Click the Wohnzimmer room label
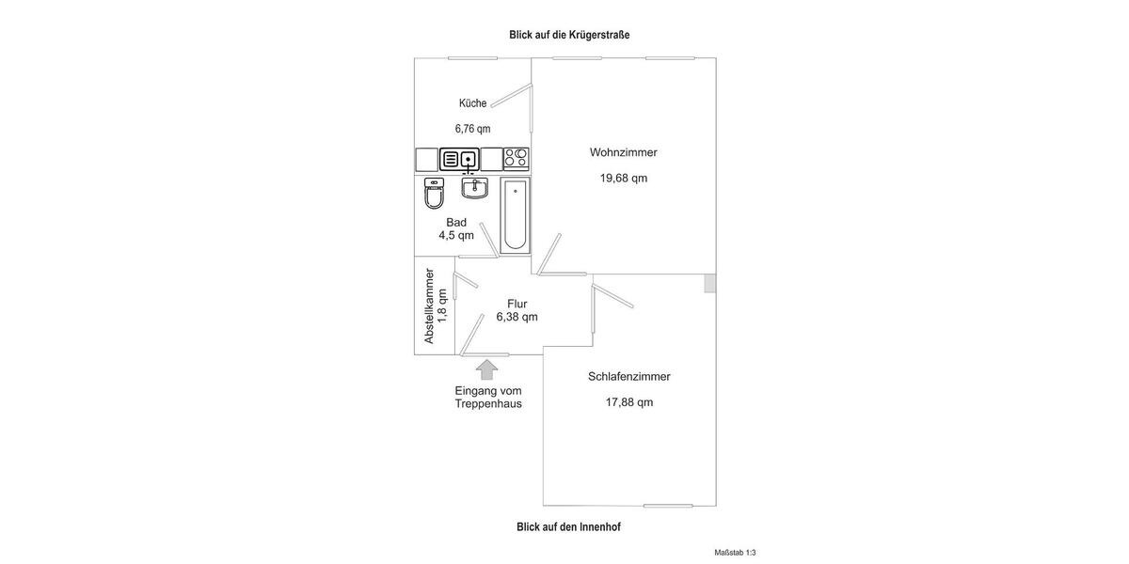click(x=623, y=152)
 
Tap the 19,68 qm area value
click(x=623, y=178)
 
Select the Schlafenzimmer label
click(x=628, y=376)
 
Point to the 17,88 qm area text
click(x=628, y=402)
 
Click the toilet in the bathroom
click(x=434, y=194)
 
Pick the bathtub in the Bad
click(x=515, y=214)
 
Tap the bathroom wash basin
click(x=474, y=189)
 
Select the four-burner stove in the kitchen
click(x=517, y=159)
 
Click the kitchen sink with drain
click(x=469, y=160)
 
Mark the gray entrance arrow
click(x=486, y=369)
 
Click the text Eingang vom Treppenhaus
click(x=487, y=397)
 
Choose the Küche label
click(x=472, y=103)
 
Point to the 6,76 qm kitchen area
click(x=472, y=129)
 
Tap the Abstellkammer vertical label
click(x=429, y=305)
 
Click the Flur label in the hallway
click(x=517, y=304)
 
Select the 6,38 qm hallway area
click(x=517, y=317)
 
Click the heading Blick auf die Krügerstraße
click(x=569, y=35)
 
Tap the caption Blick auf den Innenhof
click(x=568, y=527)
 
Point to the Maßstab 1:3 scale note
click(x=735, y=553)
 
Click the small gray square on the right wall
click(x=710, y=283)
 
